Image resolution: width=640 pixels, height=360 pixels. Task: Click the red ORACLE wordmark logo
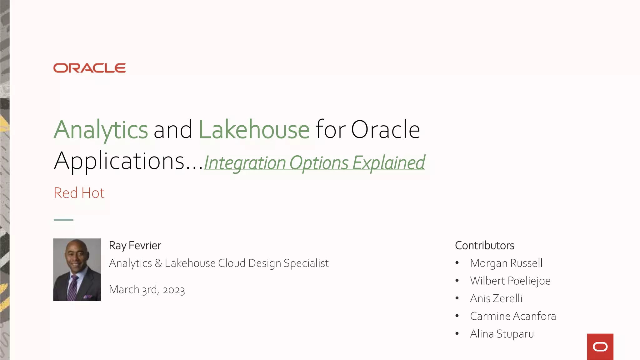point(89,68)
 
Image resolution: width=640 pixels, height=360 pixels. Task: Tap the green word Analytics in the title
point(101,130)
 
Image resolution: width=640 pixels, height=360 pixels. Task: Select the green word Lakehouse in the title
point(254,130)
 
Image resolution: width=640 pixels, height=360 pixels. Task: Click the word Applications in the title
point(120,161)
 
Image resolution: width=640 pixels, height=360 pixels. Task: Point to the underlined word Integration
point(245,163)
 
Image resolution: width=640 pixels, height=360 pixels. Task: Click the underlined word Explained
point(388,163)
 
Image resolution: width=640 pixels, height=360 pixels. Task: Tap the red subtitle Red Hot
point(79,193)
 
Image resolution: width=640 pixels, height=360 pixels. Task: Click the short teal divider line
point(63,220)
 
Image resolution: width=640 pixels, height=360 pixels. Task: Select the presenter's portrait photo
point(77,269)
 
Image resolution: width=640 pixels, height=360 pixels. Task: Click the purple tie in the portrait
point(72,287)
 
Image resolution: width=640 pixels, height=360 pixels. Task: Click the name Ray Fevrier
point(135,246)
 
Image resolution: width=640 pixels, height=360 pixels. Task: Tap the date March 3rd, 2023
point(147,290)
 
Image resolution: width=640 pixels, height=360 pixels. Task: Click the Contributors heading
point(484,246)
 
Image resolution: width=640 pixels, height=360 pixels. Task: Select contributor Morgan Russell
point(506,263)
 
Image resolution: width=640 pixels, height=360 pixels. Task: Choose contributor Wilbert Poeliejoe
point(510,281)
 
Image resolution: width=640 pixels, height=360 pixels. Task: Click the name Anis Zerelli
point(496,298)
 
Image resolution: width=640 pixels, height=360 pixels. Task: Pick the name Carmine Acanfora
point(513,316)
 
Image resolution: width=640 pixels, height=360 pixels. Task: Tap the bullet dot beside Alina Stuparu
point(457,333)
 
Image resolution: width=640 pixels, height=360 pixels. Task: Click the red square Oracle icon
point(600,347)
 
